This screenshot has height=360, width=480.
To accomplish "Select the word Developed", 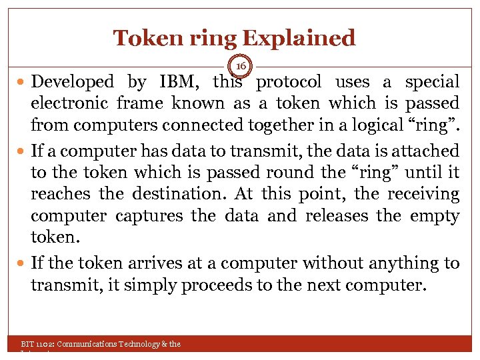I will coord(73,82).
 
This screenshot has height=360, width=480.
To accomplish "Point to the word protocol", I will coord(289,82).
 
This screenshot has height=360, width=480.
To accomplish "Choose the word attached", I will coord(425,151).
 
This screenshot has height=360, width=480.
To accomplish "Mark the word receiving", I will coord(425,195).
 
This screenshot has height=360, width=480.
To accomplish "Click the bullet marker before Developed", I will coord(23,83).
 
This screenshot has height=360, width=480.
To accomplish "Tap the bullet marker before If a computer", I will coord(23,152).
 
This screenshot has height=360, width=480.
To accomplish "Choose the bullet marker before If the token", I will coord(23,264).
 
